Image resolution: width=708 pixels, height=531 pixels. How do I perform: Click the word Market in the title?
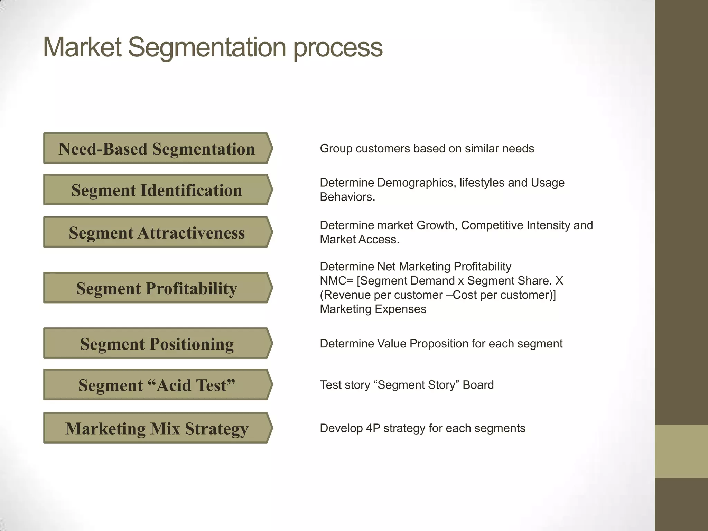tap(82, 47)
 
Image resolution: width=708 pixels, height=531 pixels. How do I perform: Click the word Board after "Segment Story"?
tap(478, 385)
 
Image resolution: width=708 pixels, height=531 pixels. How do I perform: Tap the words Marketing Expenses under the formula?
tap(373, 309)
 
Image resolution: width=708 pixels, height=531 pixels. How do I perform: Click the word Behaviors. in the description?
tap(347, 197)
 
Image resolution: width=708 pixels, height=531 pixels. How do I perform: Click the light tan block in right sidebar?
tap(681, 451)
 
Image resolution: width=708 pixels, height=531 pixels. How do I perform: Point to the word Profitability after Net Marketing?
tap(482, 267)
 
